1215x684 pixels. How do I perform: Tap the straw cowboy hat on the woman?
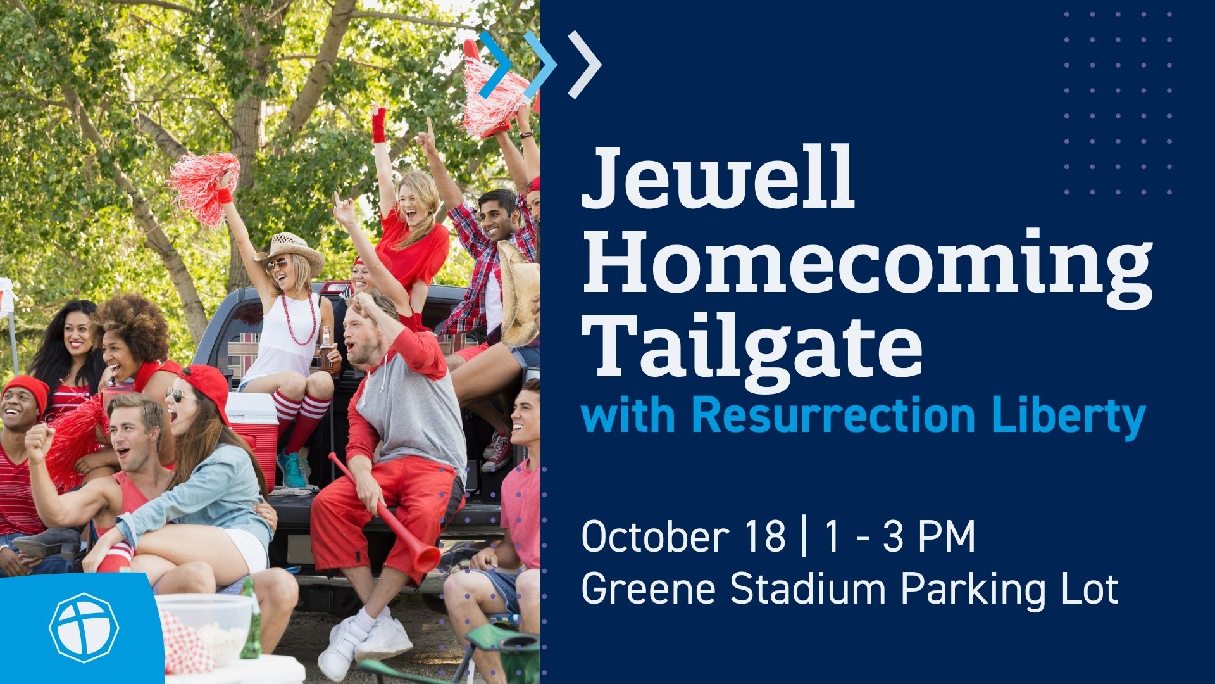click(290, 251)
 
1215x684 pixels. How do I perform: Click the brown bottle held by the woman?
click(326, 350)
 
